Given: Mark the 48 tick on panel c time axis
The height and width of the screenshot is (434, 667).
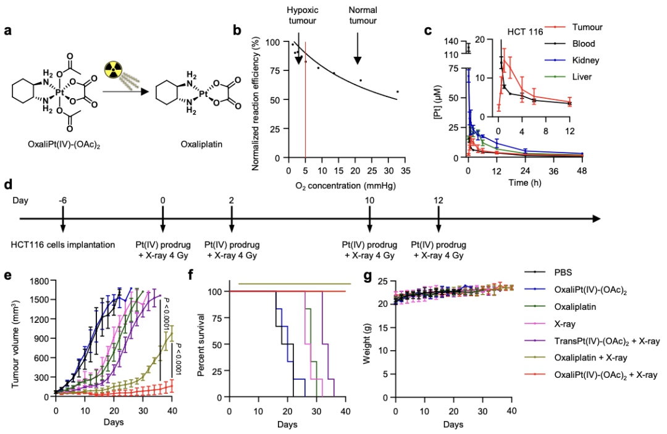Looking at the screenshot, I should click(582, 170).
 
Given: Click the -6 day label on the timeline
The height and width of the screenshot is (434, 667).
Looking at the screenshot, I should click(62, 200).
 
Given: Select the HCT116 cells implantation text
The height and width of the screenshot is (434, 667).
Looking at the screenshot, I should click(63, 244).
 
